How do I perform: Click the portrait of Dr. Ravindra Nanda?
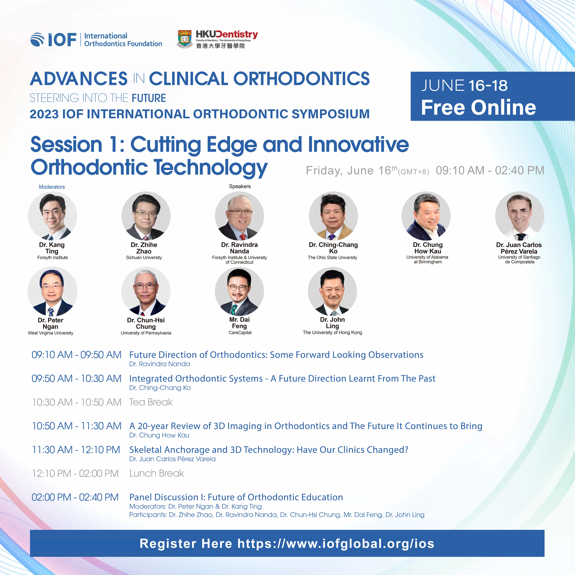pos(239,216)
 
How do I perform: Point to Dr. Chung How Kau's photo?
pos(426,216)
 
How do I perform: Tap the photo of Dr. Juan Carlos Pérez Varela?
pos(520,216)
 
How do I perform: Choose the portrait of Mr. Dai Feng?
pos(239,291)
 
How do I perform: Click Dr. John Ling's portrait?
pos(332,291)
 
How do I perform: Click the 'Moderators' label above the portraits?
pos(52,187)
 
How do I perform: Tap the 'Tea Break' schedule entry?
pos(151,402)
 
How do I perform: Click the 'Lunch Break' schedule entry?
pos(157,473)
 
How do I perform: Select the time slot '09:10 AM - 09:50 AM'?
pos(77,355)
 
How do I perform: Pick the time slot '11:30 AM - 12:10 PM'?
pos(76,450)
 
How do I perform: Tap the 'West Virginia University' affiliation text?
pos(51,333)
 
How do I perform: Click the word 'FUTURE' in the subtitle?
pos(149,98)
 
